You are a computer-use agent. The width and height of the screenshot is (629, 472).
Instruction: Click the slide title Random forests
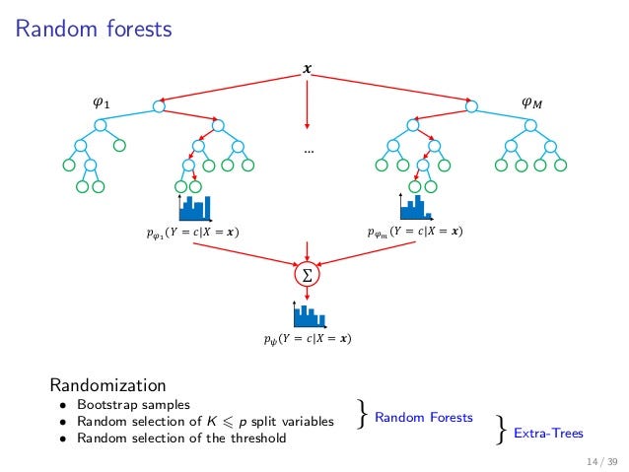94,30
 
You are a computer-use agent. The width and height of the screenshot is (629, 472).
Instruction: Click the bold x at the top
308,70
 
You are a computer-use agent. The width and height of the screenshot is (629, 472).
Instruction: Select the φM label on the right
530,102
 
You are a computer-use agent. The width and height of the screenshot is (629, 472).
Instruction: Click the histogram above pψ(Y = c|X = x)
308,314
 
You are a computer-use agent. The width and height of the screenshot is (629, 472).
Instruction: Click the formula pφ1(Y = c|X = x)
191,233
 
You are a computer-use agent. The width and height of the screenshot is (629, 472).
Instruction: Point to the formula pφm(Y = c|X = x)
414,233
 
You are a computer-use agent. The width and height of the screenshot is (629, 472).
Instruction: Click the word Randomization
107,384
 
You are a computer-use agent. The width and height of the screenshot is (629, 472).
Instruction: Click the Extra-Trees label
548,432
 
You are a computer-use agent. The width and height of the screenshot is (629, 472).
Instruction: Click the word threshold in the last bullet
259,438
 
